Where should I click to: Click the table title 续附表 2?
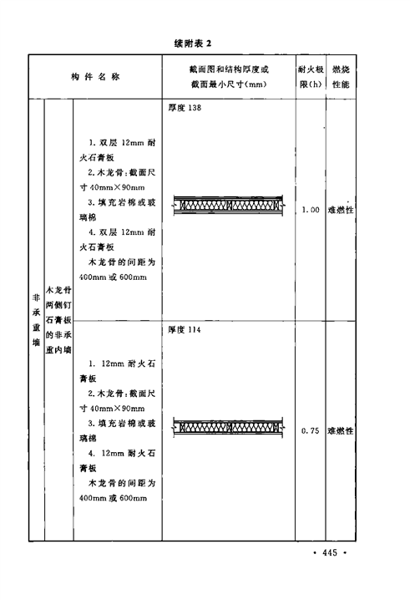(x=193, y=43)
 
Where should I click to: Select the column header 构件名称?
(x=96, y=77)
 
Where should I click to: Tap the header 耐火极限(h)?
(x=311, y=77)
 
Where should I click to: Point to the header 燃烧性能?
(x=341, y=77)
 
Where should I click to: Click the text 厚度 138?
(x=185, y=108)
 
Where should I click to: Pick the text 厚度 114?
(x=185, y=329)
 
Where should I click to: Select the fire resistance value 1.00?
(x=311, y=210)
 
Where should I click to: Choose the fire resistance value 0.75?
(x=310, y=431)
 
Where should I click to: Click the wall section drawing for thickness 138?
(x=228, y=206)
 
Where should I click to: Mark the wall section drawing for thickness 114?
(x=228, y=427)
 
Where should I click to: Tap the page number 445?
(x=330, y=552)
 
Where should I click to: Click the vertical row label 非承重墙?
(x=37, y=320)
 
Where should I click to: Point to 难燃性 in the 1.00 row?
(x=341, y=210)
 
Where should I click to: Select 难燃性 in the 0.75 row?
(x=341, y=431)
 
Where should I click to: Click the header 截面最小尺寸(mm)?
(x=229, y=84)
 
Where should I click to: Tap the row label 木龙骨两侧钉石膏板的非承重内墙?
(x=58, y=320)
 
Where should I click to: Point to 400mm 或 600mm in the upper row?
(x=113, y=277)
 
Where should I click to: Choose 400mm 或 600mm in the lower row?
(x=113, y=498)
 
